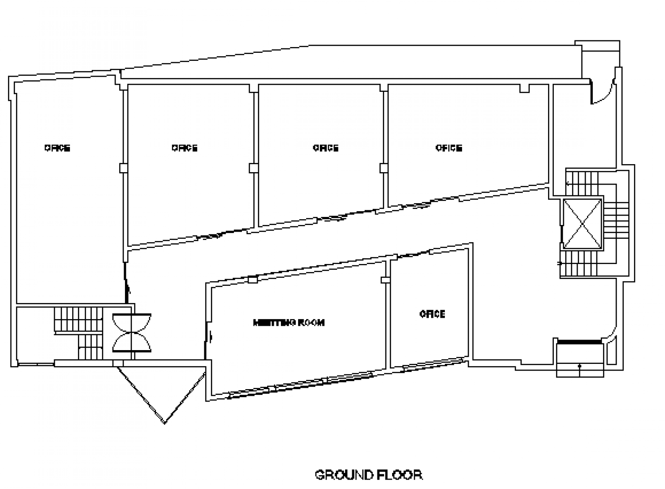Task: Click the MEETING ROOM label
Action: tap(289, 323)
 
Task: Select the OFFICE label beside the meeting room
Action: tap(432, 314)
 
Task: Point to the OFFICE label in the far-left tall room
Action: tap(58, 148)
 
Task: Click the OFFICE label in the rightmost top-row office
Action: tap(449, 148)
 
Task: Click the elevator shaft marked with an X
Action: tap(582, 224)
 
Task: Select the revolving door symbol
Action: tap(131, 333)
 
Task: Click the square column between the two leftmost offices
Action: tap(124, 168)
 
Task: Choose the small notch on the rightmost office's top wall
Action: tap(524, 88)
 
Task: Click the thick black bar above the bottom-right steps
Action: tap(579, 341)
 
